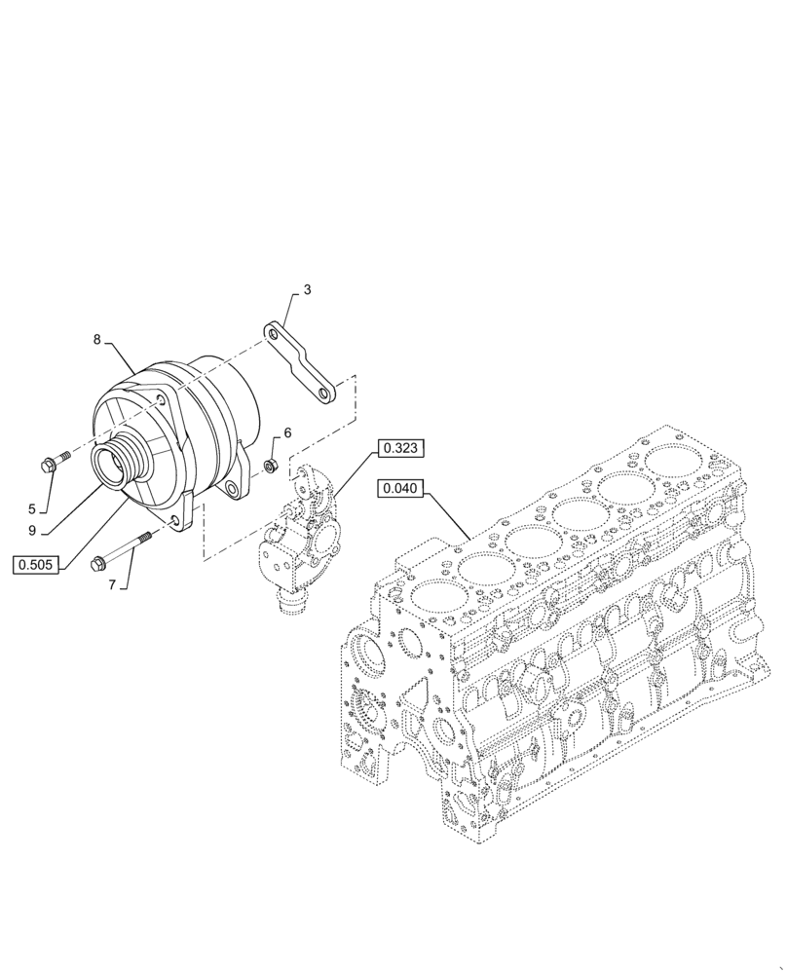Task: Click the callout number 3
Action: tap(307, 289)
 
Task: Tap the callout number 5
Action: tap(31, 508)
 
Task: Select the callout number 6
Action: tap(287, 431)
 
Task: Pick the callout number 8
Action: tap(96, 339)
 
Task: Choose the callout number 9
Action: tap(32, 531)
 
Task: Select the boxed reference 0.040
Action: tap(401, 490)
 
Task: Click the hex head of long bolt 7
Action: tap(97, 564)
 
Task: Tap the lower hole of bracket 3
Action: tap(322, 393)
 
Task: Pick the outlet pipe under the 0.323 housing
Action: tap(291, 604)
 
